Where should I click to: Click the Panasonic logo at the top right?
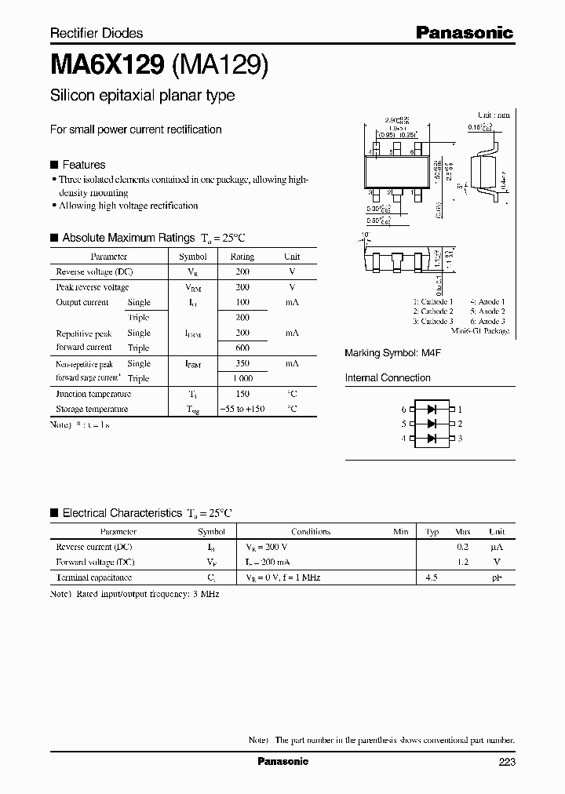(x=464, y=33)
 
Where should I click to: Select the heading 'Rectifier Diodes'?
(x=97, y=33)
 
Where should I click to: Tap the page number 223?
(x=506, y=762)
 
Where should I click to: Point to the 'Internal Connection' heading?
(x=388, y=377)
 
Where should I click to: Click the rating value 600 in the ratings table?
(x=242, y=348)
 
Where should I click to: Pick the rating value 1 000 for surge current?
(x=242, y=378)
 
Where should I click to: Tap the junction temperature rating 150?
(x=242, y=394)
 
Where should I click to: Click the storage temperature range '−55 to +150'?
(x=242, y=409)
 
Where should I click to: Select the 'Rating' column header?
(x=242, y=257)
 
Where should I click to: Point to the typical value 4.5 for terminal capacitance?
(x=432, y=577)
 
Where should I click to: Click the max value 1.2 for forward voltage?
(x=463, y=562)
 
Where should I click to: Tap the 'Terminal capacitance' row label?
(x=93, y=577)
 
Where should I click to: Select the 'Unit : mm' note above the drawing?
(x=493, y=115)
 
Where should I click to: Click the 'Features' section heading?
(x=83, y=165)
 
